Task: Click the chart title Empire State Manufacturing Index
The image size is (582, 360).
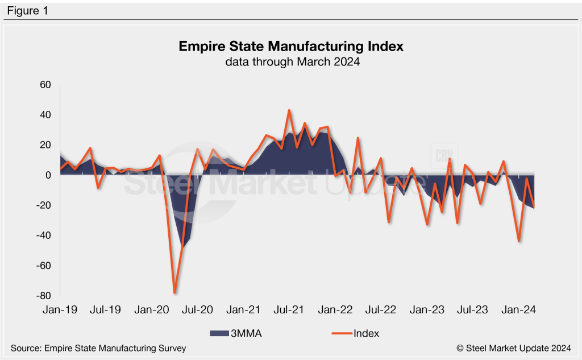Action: pyautogui.click(x=291, y=46)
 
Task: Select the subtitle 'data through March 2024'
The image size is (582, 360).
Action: pyautogui.click(x=291, y=62)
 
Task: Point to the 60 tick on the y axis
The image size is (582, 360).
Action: pyautogui.click(x=45, y=85)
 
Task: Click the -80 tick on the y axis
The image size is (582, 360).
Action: pyautogui.click(x=43, y=296)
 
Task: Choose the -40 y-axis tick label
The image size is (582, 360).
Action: pyautogui.click(x=43, y=235)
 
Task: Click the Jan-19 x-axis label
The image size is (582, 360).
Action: pyautogui.click(x=60, y=310)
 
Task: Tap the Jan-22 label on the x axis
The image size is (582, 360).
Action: pyautogui.click(x=335, y=310)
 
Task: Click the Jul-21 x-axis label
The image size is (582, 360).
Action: pyautogui.click(x=289, y=310)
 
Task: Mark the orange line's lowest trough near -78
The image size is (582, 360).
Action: pyautogui.click(x=174, y=293)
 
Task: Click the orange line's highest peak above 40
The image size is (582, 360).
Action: pyautogui.click(x=289, y=110)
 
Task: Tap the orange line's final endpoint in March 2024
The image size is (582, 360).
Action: pyautogui.click(x=534, y=206)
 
